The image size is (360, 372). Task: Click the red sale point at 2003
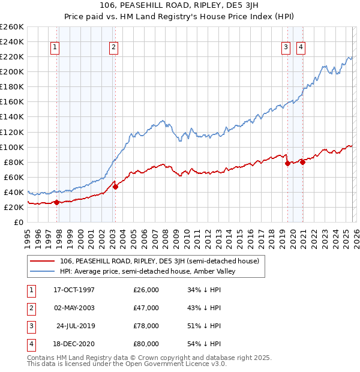(115, 187)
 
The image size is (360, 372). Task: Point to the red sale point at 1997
(56, 202)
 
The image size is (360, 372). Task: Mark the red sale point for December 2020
(303, 161)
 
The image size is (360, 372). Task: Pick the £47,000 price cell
(146, 308)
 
